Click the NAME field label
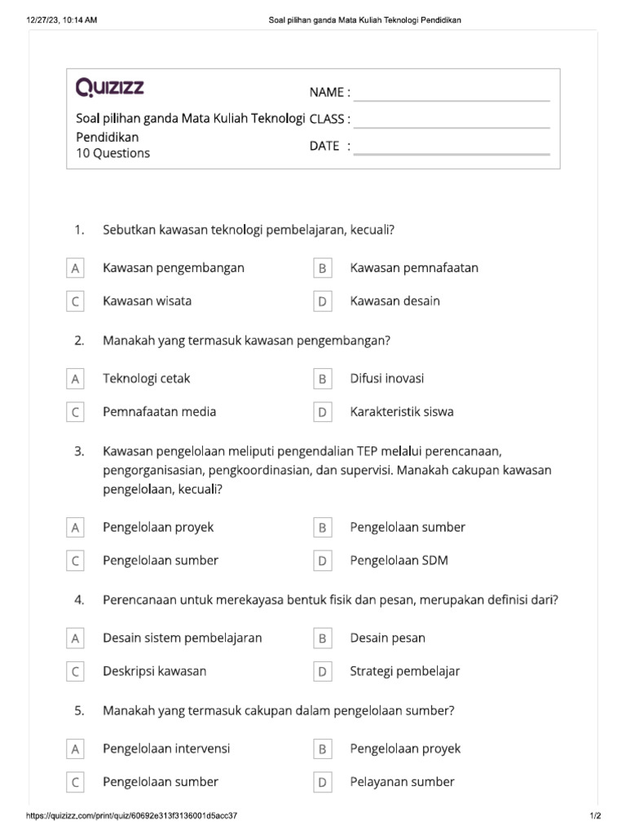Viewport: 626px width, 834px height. tap(329, 92)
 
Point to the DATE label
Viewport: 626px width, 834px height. tap(329, 146)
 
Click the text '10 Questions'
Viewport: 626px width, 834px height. tap(112, 153)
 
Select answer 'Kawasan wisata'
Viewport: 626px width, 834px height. tap(148, 301)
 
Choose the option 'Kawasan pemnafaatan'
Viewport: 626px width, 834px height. tap(414, 268)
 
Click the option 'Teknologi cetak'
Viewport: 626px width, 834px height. tap(147, 379)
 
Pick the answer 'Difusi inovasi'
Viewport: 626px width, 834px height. tap(387, 379)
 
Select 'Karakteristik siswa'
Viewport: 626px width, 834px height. tap(402, 412)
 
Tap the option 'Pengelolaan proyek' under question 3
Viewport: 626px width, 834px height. tap(158, 528)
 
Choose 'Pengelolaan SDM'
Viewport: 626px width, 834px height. tap(399, 561)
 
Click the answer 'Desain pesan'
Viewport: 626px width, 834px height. tap(388, 639)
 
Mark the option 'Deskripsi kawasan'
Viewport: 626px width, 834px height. tap(155, 672)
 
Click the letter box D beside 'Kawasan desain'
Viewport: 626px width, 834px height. tap(323, 301)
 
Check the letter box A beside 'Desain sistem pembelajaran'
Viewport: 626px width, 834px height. tap(75, 639)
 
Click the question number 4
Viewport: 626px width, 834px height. tap(79, 600)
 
